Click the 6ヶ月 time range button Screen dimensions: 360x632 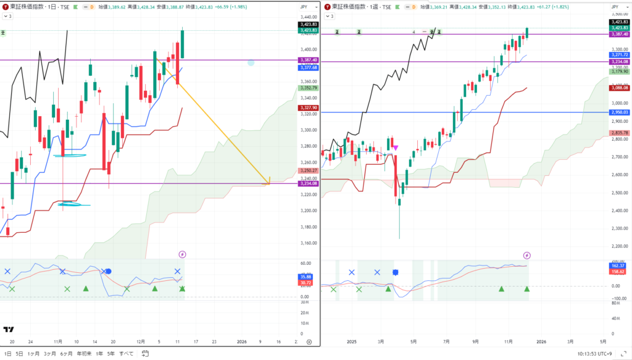(66, 354)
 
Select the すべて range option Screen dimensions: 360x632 (126, 354)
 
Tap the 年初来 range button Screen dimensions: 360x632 (85, 354)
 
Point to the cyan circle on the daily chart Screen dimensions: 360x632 (251, 62)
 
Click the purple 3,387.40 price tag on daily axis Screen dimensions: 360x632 (308, 60)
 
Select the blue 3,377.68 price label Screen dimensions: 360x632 (308, 67)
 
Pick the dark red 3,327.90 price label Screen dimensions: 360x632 (308, 107)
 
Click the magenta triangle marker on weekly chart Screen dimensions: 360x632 (395, 148)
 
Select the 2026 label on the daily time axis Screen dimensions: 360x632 (241, 341)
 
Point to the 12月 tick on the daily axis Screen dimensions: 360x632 (141, 341)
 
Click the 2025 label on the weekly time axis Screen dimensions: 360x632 (352, 341)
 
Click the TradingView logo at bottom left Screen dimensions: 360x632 (9, 330)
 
